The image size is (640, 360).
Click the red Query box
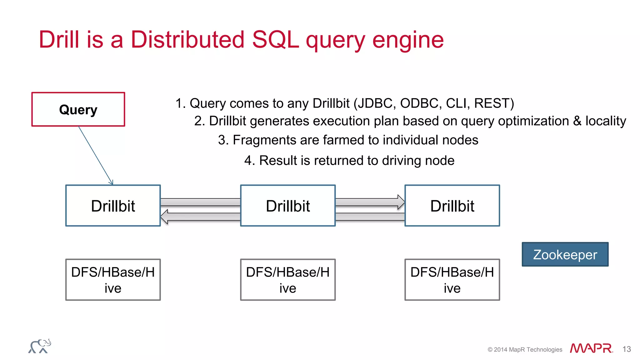pos(78,109)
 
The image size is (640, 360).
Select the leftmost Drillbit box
pos(113,206)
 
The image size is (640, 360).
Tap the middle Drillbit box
pos(287,206)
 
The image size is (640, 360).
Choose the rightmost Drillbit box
pos(452,206)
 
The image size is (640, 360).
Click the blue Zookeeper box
pos(565,254)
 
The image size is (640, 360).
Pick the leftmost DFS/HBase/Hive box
pos(113,280)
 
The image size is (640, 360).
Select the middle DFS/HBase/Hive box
pos(287,280)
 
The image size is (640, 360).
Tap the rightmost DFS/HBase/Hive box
pos(452,280)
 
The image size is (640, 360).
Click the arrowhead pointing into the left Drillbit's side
pos(164,217)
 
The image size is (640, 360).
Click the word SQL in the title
pos(275,40)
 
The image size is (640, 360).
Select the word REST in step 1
pos(492,103)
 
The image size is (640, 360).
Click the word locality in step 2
pos(605,121)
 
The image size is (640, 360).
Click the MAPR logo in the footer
pos(591,348)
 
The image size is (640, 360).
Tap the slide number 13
pos(627,349)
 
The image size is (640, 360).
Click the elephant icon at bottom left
pos(40,346)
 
